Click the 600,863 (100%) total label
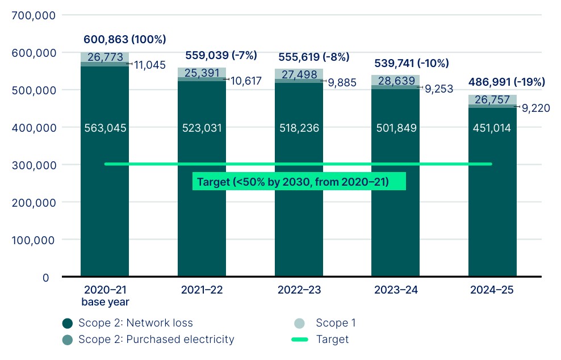125,40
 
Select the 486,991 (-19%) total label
506,82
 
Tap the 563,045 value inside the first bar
105,128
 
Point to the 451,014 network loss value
492,128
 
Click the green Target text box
299,182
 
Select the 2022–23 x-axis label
299,290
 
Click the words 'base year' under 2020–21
105,302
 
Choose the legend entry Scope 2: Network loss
128,323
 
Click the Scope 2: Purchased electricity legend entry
149,340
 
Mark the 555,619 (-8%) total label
313,57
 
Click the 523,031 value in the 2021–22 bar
202,128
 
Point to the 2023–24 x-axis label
396,290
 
